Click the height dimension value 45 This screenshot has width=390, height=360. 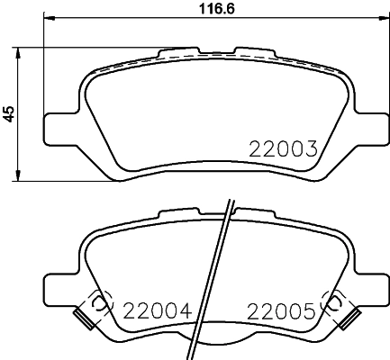coord(10,114)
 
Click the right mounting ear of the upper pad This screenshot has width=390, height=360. coord(369,126)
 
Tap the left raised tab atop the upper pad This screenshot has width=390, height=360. coord(173,53)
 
